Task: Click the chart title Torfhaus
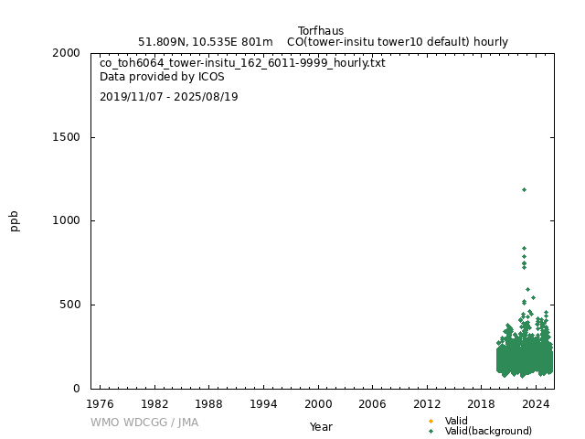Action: tap(321, 31)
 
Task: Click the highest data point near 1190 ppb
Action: tap(524, 189)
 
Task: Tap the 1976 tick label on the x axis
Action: tap(100, 403)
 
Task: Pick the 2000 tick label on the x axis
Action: tap(318, 403)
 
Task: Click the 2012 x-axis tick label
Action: tap(427, 403)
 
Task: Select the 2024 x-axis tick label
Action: tap(537, 403)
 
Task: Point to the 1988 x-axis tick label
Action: tap(208, 403)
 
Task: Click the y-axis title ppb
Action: tap(15, 220)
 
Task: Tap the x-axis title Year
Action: tap(321, 426)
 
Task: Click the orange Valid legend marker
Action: tap(431, 421)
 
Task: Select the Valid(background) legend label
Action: tap(488, 431)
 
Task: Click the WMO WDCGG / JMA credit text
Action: tap(144, 423)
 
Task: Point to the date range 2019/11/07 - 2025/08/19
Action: tap(169, 97)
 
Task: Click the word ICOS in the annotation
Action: tap(210, 77)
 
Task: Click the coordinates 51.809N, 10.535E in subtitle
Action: tap(189, 42)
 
